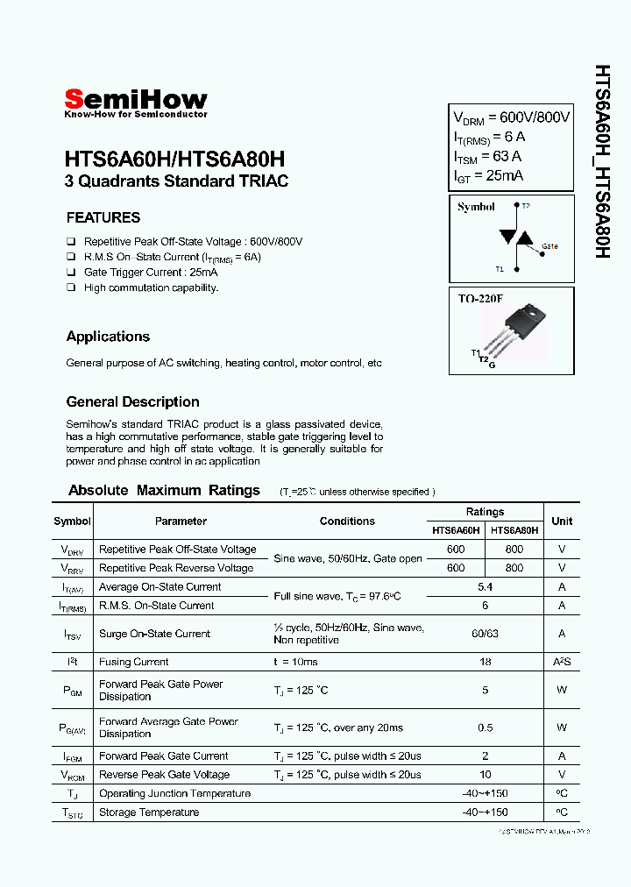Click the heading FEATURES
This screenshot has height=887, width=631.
tap(103, 217)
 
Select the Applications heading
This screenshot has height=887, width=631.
tap(108, 337)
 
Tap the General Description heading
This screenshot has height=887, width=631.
tap(132, 401)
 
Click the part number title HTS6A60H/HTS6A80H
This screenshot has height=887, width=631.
tap(174, 160)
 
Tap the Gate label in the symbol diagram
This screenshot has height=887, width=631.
tap(549, 247)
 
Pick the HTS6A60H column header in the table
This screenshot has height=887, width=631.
tap(456, 530)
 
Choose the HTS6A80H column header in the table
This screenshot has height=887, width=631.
tap(514, 530)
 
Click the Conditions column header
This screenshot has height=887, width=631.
tap(347, 521)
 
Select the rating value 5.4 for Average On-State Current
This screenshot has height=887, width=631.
tap(485, 586)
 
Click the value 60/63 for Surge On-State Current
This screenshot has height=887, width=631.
tap(485, 634)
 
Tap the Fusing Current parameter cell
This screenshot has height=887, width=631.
tap(133, 662)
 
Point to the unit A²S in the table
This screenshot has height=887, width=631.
tap(562, 662)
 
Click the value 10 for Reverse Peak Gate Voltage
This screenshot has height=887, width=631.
tap(485, 775)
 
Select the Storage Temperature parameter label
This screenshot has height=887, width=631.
tap(148, 812)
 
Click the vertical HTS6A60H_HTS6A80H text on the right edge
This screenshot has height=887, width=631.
tap(603, 160)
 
